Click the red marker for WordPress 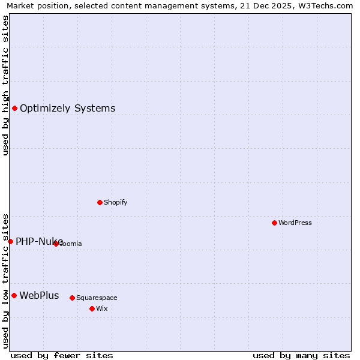[274, 223]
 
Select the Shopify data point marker [100, 202]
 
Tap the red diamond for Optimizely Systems [14, 108]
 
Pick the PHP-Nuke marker [10, 241]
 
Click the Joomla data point [56, 244]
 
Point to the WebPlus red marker [14, 295]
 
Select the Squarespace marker [72, 298]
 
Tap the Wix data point [92, 308]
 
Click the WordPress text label [295, 223]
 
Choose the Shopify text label [116, 202]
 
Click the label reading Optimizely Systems [67, 108]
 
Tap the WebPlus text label [39, 295]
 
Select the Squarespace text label [97, 298]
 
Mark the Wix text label [101, 308]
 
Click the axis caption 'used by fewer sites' [62, 355]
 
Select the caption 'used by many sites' [301, 355]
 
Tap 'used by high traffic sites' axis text [5, 85]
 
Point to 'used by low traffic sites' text [5, 281]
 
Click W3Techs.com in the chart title [327, 5]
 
